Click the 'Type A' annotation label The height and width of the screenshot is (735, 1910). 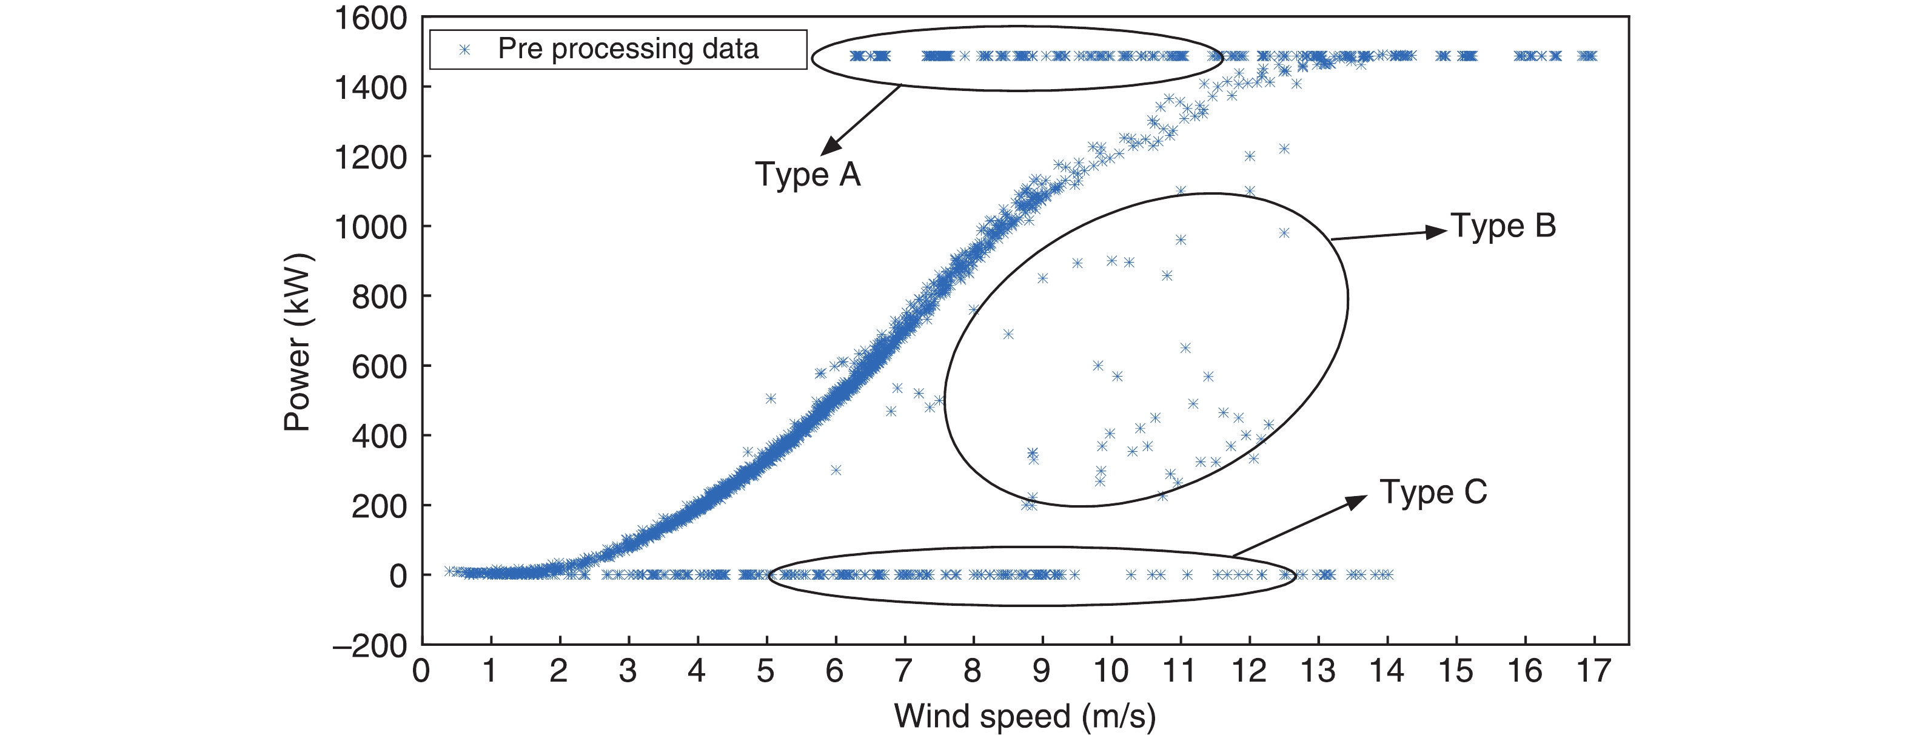(x=808, y=175)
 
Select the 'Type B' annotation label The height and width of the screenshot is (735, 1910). (x=1503, y=226)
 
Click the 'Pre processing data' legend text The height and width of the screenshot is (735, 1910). (x=628, y=49)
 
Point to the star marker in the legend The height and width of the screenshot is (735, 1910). (x=465, y=50)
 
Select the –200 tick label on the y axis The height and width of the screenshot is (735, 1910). (x=370, y=645)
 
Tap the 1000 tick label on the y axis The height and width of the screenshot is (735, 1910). (x=370, y=227)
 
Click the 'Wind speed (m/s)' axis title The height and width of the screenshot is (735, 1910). (x=1025, y=716)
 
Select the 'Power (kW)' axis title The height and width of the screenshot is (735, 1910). (x=298, y=343)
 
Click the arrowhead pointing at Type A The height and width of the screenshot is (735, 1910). (x=831, y=146)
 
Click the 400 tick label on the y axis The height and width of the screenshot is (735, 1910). (x=379, y=436)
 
